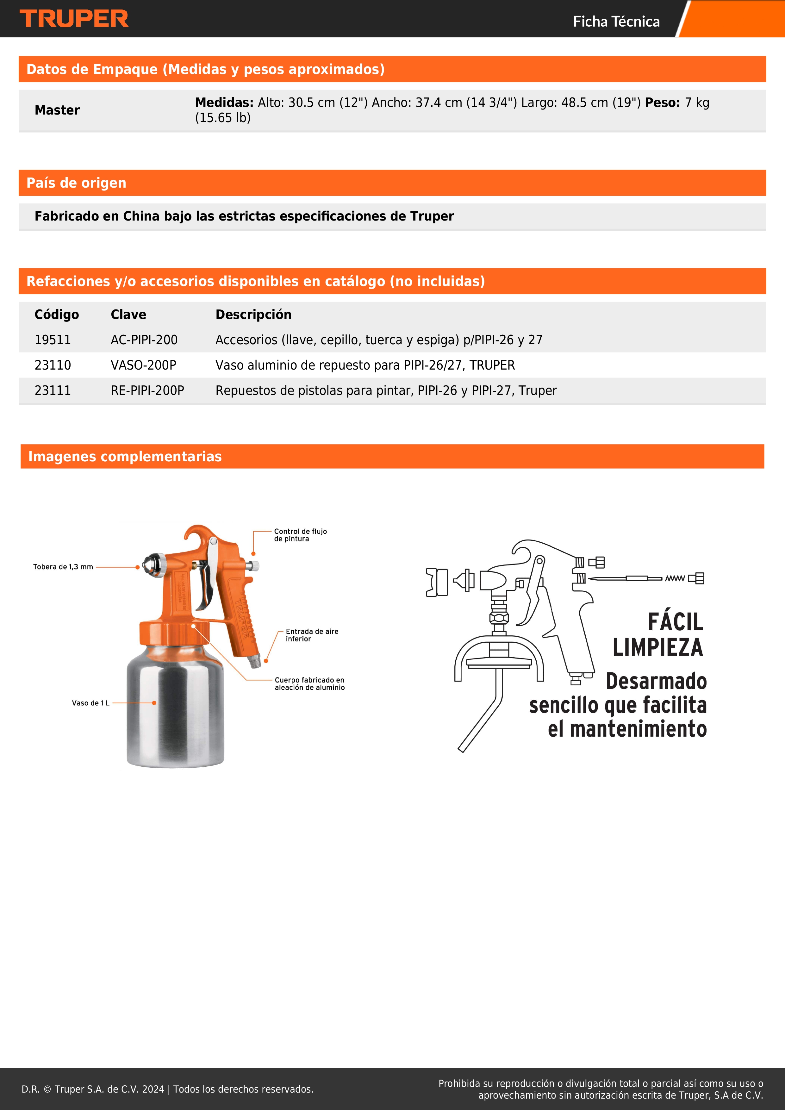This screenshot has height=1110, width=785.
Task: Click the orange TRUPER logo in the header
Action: coord(74,19)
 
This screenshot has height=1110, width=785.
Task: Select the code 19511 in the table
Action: coord(53,340)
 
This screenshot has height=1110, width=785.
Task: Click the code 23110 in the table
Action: coord(53,365)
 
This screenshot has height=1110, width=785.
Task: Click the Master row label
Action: coord(57,110)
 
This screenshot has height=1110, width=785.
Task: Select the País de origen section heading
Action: coord(76,183)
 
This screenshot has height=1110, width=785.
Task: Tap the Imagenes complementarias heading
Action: coord(125,456)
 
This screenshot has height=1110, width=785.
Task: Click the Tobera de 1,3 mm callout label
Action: coord(63,567)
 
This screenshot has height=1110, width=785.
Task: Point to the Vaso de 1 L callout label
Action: coord(90,703)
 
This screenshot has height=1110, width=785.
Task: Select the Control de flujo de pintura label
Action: coord(300,535)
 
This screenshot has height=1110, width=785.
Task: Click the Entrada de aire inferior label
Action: coord(312,635)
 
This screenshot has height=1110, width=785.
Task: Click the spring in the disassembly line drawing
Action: coord(675,578)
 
